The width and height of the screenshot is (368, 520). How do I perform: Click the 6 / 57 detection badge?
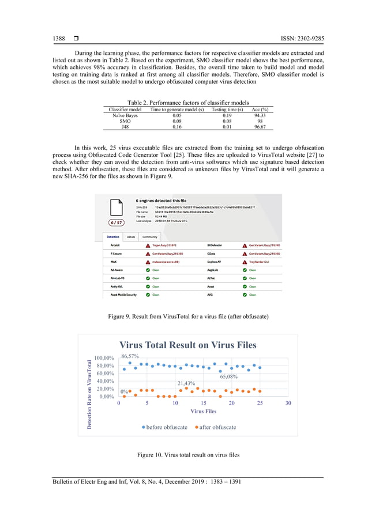(x=117, y=223)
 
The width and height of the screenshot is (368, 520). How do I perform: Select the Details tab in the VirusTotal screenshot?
(x=131, y=237)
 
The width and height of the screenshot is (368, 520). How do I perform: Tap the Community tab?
(x=149, y=237)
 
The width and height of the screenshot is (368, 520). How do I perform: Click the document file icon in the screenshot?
(x=116, y=207)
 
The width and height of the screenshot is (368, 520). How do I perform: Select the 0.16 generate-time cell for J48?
(x=177, y=127)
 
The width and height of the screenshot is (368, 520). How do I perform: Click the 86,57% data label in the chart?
(x=130, y=356)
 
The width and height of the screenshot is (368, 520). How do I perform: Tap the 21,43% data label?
(x=186, y=383)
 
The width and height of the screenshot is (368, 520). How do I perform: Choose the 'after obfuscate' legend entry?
(x=215, y=427)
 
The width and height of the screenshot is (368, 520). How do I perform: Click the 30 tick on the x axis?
(x=288, y=404)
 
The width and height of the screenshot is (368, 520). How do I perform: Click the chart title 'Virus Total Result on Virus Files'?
(x=188, y=345)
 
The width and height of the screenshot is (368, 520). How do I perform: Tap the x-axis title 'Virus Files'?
(x=203, y=412)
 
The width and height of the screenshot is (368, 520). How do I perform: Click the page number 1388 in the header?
(x=59, y=39)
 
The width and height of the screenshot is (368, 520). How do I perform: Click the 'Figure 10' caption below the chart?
(x=188, y=455)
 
